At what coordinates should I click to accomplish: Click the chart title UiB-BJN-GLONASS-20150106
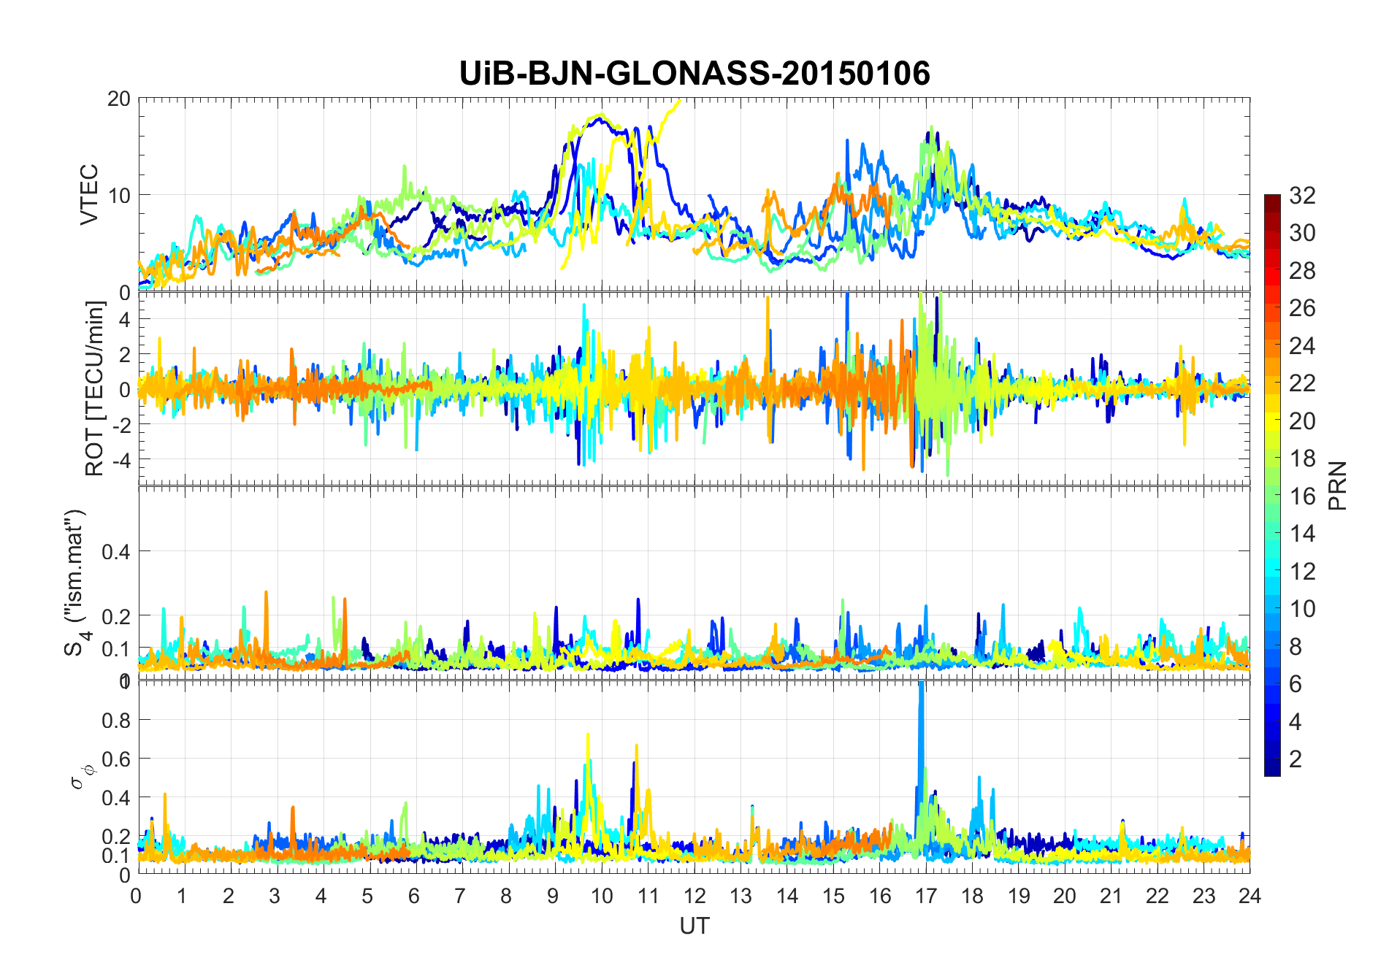pyautogui.click(x=694, y=74)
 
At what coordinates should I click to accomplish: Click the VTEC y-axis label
pyautogui.click(x=89, y=194)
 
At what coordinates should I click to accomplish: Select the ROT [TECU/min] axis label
pyautogui.click(x=95, y=388)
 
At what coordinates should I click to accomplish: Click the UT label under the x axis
pyautogui.click(x=694, y=926)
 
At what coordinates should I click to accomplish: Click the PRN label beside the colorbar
pyautogui.click(x=1338, y=485)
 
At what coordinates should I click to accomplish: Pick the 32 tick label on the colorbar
pyautogui.click(x=1302, y=195)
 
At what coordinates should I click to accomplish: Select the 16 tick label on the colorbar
pyautogui.click(x=1302, y=496)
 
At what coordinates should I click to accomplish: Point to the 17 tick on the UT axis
pyautogui.click(x=925, y=896)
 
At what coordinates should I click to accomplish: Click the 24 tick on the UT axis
pyautogui.click(x=1250, y=896)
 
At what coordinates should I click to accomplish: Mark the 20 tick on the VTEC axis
pyautogui.click(x=119, y=99)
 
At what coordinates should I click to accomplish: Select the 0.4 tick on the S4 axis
pyautogui.click(x=116, y=551)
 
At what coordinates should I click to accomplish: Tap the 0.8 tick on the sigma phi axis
pyautogui.click(x=116, y=720)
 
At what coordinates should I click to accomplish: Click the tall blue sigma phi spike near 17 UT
pyautogui.click(x=921, y=730)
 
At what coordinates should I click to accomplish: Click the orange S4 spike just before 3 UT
pyautogui.click(x=266, y=606)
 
